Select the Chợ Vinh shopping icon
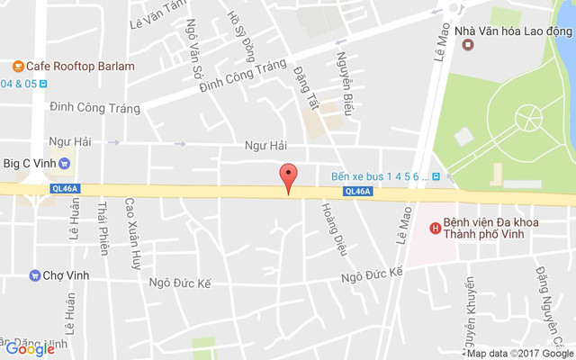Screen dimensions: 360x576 34,274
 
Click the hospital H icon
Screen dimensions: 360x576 436,228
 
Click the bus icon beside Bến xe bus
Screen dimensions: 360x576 436,176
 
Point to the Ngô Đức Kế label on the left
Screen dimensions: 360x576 179,283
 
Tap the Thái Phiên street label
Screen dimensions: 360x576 103,228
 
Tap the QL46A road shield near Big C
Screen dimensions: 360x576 66,188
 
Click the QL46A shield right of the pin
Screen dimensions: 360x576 356,191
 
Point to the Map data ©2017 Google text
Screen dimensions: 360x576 519,354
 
